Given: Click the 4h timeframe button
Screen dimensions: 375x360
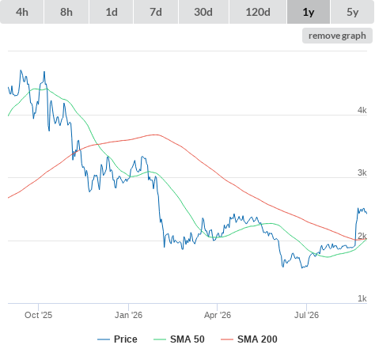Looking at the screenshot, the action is [22, 12].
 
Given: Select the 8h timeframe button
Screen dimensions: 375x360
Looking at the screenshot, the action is [66, 12].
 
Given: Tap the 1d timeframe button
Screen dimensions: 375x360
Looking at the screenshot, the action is [112, 12].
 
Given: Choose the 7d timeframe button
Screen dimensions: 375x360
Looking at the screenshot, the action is [156, 12].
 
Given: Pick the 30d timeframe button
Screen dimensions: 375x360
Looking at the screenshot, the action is [203, 12].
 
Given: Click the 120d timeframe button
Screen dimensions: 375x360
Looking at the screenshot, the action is [258, 12].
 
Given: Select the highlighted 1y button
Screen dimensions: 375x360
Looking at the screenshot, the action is [309, 12].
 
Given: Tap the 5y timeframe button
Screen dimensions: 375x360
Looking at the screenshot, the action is [353, 12].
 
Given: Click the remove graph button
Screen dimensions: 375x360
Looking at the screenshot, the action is [337, 36].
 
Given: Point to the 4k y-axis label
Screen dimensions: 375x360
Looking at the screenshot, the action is [362, 110].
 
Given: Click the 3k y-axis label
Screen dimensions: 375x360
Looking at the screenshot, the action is [362, 172].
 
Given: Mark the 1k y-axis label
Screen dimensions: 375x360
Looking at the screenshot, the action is [362, 298].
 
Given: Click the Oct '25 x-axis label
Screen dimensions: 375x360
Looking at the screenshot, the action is [39, 315].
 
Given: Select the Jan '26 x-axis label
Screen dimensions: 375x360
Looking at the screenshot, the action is [128, 315].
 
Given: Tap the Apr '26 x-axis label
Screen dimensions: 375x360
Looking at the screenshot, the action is [218, 315].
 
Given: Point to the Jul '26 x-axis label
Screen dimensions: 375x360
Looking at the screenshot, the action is [306, 315].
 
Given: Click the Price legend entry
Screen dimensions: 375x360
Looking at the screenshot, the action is [117, 339].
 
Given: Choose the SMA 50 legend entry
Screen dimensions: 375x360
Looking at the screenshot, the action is [179, 339].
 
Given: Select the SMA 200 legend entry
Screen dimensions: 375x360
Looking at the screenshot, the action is [249, 339].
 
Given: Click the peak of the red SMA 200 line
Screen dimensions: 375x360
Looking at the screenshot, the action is [156, 135].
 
